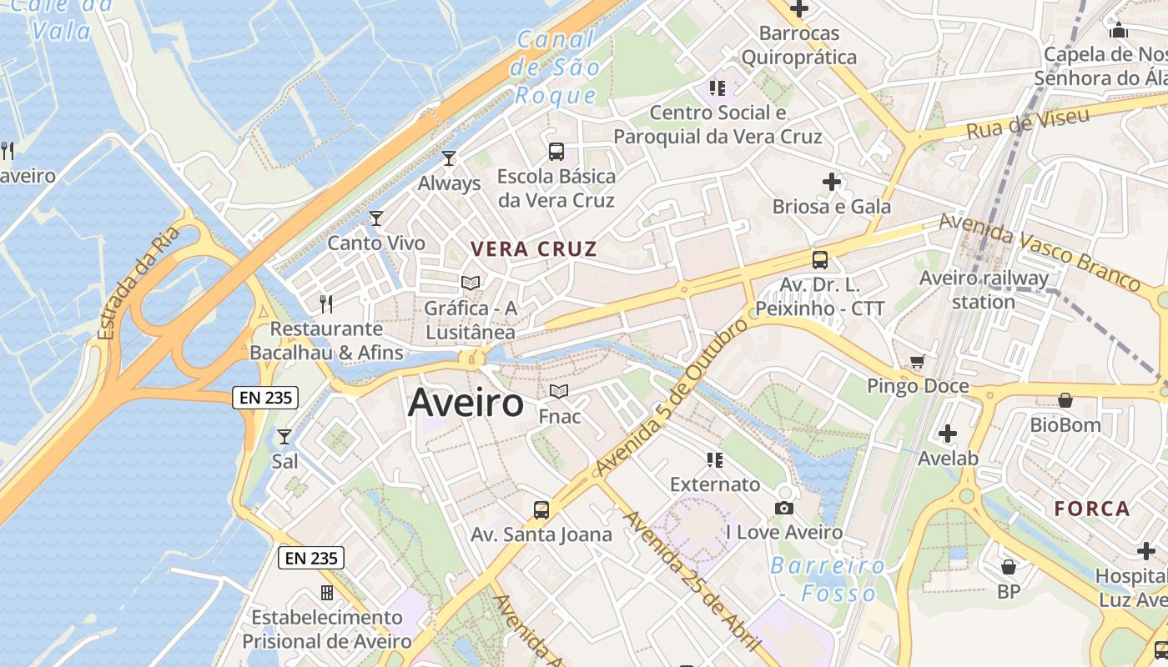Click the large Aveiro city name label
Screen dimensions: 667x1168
pyautogui.click(x=466, y=404)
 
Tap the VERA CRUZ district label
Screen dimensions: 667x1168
pyautogui.click(x=534, y=248)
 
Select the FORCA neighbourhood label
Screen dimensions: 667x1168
pyautogui.click(x=1091, y=508)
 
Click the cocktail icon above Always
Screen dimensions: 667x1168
pyautogui.click(x=449, y=158)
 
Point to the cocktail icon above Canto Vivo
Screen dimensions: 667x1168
pyautogui.click(x=376, y=218)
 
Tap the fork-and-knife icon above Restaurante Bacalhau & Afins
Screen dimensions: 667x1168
pyautogui.click(x=326, y=303)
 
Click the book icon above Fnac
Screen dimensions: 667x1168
pyautogui.click(x=559, y=391)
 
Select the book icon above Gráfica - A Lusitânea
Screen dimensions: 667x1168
pyautogui.click(x=471, y=283)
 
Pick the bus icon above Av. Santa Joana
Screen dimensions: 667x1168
pyautogui.click(x=541, y=509)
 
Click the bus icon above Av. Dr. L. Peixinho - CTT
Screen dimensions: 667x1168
pyautogui.click(x=820, y=259)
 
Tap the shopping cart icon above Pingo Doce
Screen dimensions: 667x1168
pyautogui.click(x=918, y=361)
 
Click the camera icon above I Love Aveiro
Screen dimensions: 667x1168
pyautogui.click(x=784, y=508)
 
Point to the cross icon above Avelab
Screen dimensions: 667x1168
pyautogui.click(x=948, y=434)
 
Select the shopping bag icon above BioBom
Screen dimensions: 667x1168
pyautogui.click(x=1065, y=400)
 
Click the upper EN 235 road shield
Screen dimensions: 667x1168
pyautogui.click(x=265, y=398)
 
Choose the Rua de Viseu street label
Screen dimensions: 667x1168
pyautogui.click(x=1028, y=123)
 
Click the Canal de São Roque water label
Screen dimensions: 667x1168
pyautogui.click(x=556, y=67)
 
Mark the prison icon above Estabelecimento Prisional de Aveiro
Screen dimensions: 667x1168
pyautogui.click(x=327, y=593)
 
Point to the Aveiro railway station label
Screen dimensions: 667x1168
pyautogui.click(x=984, y=289)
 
